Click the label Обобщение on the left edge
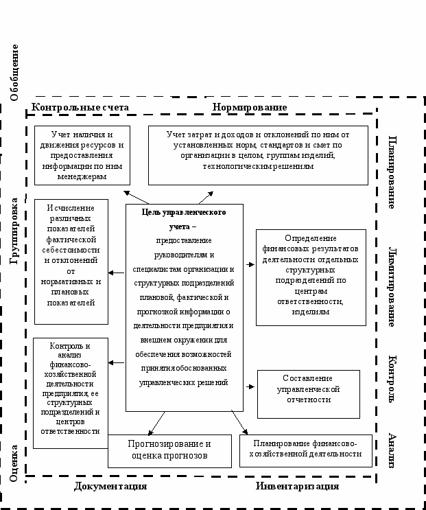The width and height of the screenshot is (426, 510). (14, 71)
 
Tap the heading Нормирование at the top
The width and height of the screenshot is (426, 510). (249, 108)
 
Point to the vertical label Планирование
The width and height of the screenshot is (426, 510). (391, 172)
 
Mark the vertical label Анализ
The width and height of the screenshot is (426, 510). (391, 450)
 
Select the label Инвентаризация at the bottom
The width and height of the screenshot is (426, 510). (297, 486)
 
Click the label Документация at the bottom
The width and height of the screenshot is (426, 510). (110, 486)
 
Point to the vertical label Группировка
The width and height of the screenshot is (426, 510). (14, 231)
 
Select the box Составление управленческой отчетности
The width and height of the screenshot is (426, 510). (308, 393)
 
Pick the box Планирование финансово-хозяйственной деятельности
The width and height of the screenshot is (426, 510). (307, 449)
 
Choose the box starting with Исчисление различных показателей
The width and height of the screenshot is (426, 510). (71, 262)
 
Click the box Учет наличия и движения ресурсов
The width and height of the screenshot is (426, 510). (81, 155)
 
